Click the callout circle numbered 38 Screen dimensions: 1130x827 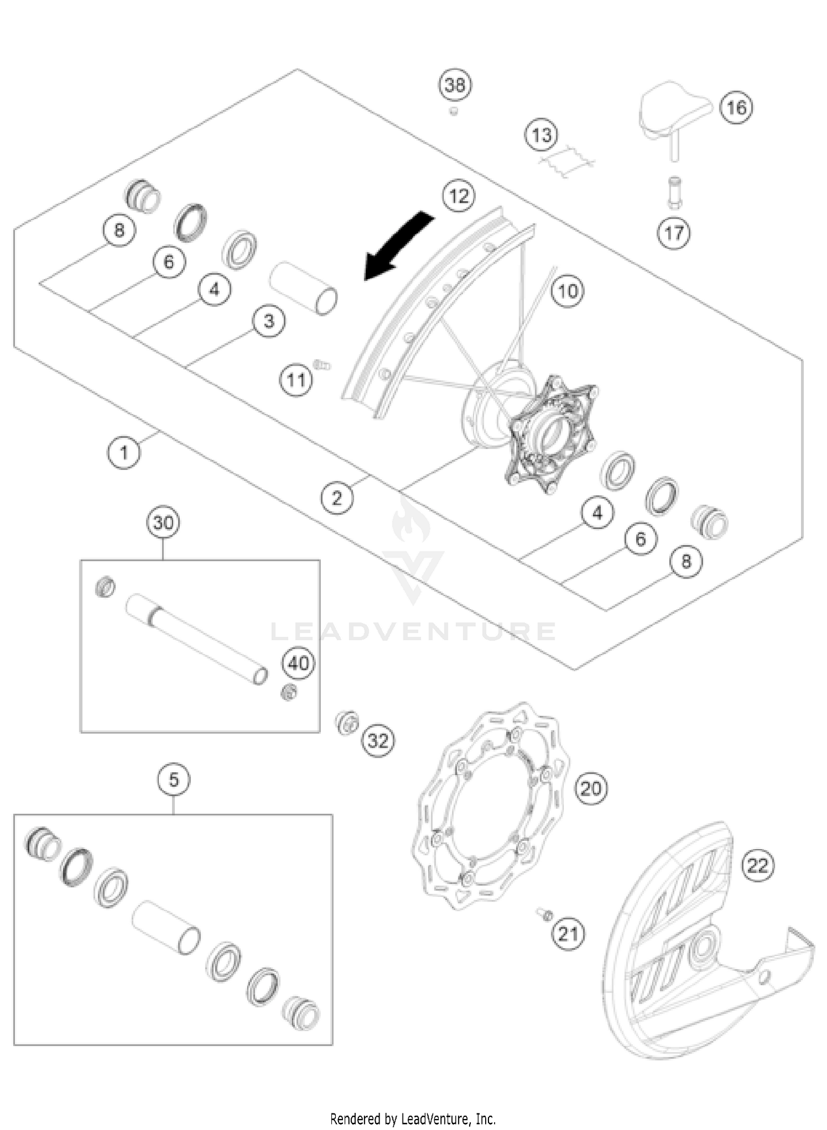click(455, 85)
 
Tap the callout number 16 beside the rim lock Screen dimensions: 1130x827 click(737, 107)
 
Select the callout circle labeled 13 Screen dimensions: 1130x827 click(541, 135)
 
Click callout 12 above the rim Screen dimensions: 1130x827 click(459, 196)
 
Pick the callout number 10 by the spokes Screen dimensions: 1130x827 click(568, 290)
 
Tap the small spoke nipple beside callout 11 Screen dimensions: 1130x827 click(321, 364)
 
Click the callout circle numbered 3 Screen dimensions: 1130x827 click(269, 321)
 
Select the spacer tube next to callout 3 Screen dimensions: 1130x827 click(303, 288)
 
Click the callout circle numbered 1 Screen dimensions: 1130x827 click(123, 453)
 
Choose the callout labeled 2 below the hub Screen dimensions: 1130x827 click(337, 498)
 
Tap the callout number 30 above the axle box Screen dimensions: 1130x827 click(164, 522)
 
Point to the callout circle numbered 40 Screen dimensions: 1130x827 click(298, 663)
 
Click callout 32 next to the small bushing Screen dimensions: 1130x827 click(378, 741)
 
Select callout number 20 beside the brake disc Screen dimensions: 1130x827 click(591, 789)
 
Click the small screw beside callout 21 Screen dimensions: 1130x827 click(545, 914)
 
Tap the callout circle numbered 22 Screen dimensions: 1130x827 click(758, 866)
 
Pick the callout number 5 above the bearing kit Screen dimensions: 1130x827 click(174, 780)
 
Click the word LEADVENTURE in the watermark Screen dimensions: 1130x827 click(413, 632)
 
